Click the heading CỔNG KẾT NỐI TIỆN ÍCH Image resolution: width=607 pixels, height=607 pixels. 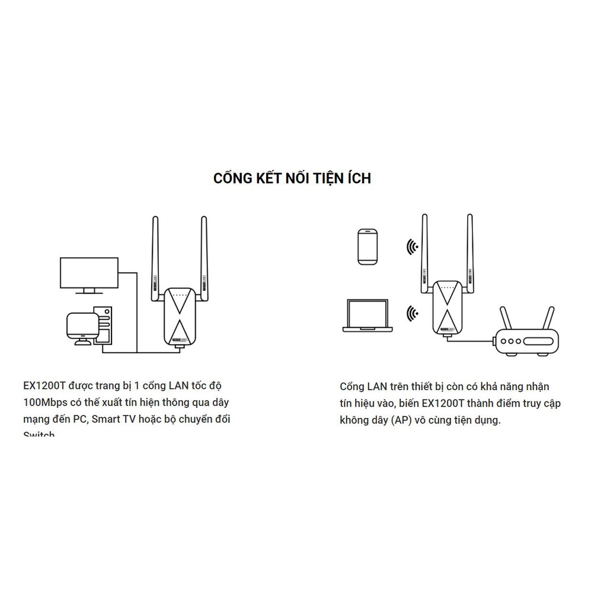click(292, 178)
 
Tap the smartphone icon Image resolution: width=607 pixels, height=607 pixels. click(368, 246)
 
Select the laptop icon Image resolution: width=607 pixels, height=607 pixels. click(368, 315)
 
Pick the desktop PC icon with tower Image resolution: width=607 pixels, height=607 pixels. click(89, 326)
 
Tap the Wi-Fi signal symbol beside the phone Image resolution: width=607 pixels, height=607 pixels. click(411, 246)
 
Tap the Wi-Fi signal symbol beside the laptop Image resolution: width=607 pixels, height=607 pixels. click(411, 313)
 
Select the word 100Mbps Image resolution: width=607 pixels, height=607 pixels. click(44, 402)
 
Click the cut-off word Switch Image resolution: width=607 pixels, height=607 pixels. click(39, 435)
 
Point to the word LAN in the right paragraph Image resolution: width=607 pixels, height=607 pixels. click(376, 386)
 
